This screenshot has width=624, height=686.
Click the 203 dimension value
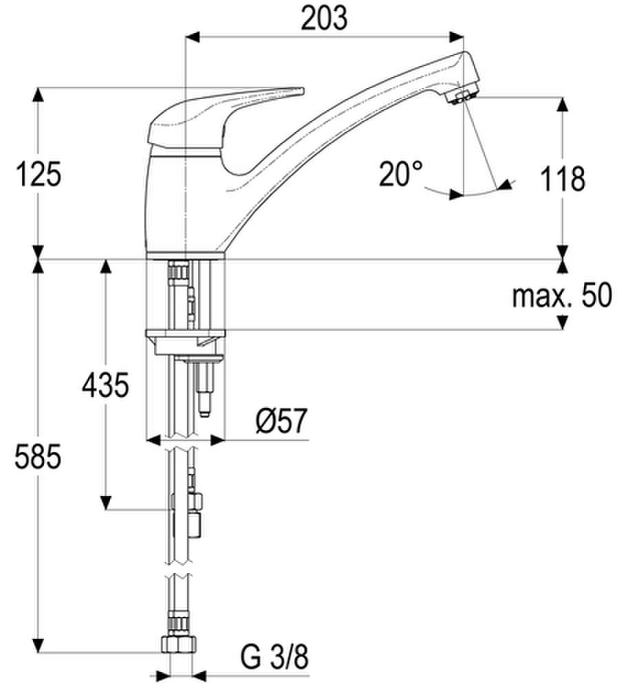click(x=324, y=18)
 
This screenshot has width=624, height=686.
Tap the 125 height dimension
click(x=39, y=174)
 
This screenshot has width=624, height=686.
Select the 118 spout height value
click(x=563, y=178)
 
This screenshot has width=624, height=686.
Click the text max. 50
click(x=562, y=295)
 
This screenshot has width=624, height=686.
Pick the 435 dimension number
click(x=105, y=385)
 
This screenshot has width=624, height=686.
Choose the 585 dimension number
click(x=38, y=457)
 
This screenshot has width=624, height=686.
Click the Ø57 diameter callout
click(x=282, y=421)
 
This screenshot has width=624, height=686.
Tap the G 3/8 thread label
click(x=274, y=657)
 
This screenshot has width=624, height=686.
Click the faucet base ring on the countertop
click(x=185, y=256)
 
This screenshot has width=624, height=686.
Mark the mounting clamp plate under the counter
click(x=185, y=335)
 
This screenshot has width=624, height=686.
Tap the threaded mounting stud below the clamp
click(x=204, y=389)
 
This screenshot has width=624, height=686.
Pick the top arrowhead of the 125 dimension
click(x=39, y=95)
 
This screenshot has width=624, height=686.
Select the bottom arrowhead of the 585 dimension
click(x=39, y=645)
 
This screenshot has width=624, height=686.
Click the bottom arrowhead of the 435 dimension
click(x=105, y=502)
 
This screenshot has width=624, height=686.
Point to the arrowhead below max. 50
click(x=563, y=322)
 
